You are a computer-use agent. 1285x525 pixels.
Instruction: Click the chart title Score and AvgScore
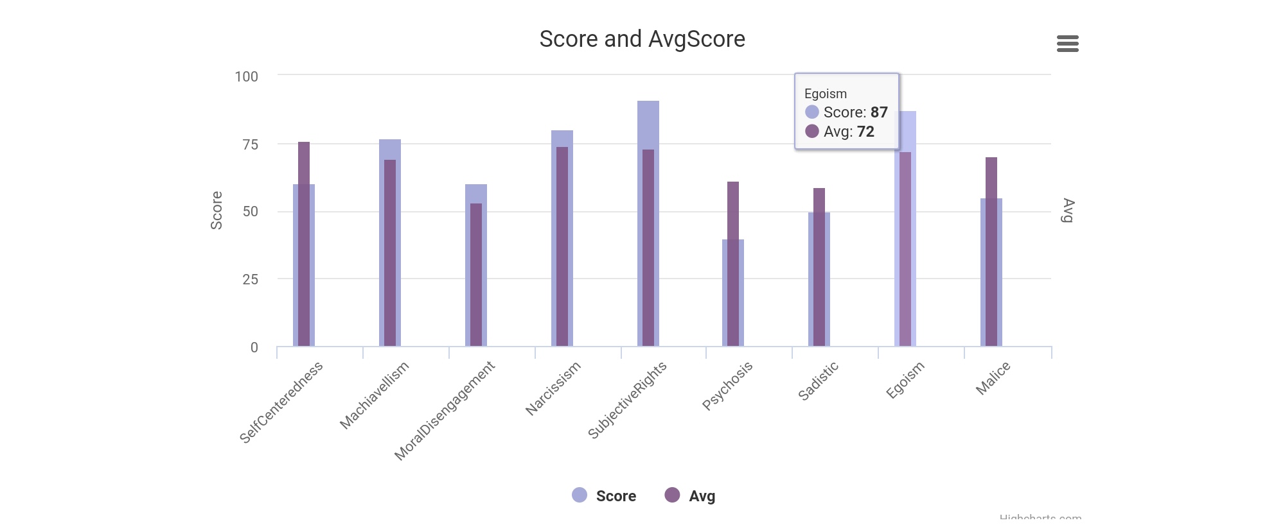642,39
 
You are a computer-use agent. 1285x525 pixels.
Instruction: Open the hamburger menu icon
1067,44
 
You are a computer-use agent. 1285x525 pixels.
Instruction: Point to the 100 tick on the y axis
246,76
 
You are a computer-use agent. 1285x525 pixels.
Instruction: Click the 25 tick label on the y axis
250,279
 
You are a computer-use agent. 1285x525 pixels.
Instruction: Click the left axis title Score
217,211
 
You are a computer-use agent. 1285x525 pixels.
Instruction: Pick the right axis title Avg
1068,211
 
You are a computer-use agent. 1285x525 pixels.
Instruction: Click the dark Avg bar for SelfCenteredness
304,244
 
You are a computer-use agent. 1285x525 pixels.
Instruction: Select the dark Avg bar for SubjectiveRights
648,248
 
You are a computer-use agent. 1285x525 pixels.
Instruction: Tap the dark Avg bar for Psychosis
733,264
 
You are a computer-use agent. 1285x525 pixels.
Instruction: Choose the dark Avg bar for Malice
991,252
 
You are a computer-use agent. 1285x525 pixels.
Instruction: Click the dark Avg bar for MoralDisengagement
476,275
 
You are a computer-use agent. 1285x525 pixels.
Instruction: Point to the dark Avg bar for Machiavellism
390,253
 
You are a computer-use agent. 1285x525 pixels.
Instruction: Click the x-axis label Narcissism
553,388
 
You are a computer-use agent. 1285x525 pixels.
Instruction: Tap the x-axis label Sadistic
818,381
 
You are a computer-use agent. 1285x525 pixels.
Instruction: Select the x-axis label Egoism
905,380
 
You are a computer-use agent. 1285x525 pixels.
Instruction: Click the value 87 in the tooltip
879,112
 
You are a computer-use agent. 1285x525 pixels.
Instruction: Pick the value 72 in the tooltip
865,132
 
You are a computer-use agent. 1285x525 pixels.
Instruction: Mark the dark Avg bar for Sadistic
819,267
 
